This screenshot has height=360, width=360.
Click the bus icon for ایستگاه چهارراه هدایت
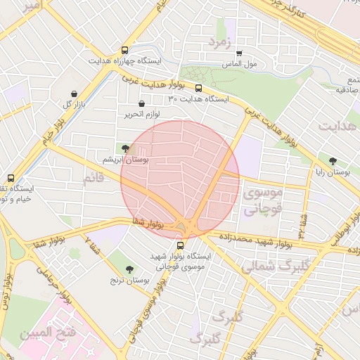point(124,51)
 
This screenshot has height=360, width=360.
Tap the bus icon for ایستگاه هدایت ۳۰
point(198,89)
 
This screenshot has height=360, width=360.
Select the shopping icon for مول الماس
point(239,53)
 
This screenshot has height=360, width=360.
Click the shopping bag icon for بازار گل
point(75,94)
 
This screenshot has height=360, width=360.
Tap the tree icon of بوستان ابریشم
point(125,148)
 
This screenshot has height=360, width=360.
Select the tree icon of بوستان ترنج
point(129,269)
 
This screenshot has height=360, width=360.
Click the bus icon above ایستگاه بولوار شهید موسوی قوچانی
point(181,246)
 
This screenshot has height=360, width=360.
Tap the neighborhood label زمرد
point(219,42)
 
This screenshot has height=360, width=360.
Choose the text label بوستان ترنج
point(136,280)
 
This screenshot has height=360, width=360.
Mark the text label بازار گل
point(77,105)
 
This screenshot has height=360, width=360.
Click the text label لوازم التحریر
point(143,114)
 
